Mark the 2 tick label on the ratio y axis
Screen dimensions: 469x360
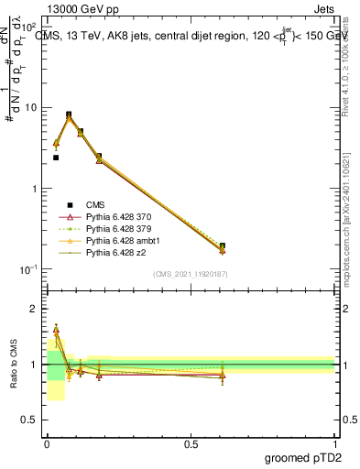click(x=35, y=309)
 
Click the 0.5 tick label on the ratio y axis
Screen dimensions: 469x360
click(x=31, y=420)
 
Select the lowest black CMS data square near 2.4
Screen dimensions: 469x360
click(x=56, y=158)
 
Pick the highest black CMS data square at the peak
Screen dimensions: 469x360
click(x=69, y=115)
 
